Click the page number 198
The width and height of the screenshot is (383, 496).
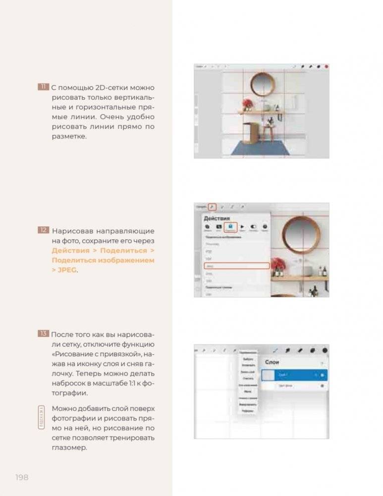22,477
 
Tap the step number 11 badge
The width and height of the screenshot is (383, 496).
43,87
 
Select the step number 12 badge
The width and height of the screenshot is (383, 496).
43,230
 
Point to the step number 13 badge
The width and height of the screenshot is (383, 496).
43,334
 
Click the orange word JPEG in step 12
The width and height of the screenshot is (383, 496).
67,270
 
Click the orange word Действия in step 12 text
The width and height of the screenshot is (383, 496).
69,250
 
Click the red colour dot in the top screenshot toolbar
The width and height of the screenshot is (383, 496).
326,66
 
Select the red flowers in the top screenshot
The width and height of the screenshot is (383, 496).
246,104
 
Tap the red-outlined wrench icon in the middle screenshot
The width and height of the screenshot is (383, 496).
212,207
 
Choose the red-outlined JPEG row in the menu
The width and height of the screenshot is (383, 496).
236,266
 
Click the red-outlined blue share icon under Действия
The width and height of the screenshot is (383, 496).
230,227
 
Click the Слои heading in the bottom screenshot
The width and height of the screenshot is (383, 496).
272,362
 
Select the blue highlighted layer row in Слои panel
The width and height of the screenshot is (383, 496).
294,375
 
